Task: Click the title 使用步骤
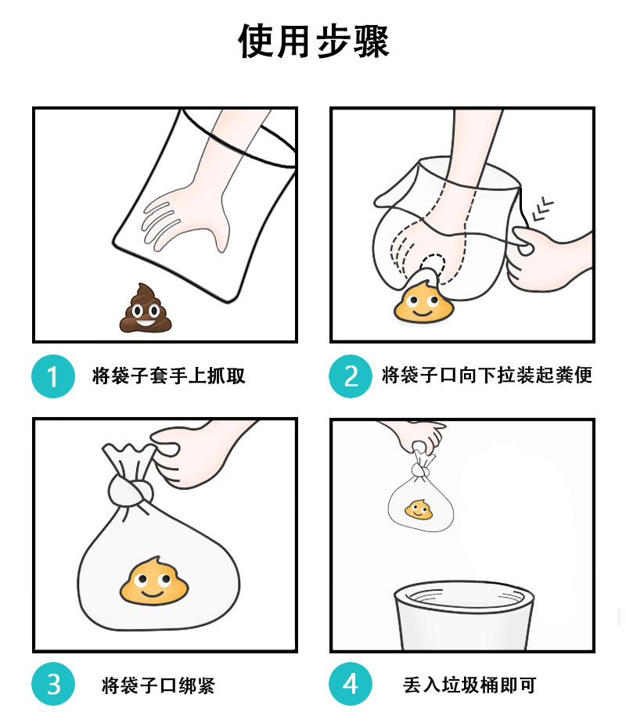tap(314, 41)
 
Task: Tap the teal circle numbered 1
tap(53, 376)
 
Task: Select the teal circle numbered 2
tap(351, 376)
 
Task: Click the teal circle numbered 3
tap(53, 684)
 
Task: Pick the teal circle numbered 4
tap(351, 684)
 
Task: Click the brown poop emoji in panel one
tap(146, 308)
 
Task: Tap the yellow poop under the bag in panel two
tap(423, 303)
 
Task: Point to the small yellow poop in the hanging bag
tap(419, 509)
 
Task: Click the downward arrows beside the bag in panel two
tap(542, 210)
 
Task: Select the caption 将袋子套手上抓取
tap(169, 376)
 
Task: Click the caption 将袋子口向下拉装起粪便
tap(487, 375)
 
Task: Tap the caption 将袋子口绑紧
tap(158, 685)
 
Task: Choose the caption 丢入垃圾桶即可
tap(469, 685)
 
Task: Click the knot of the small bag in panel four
tap(420, 470)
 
